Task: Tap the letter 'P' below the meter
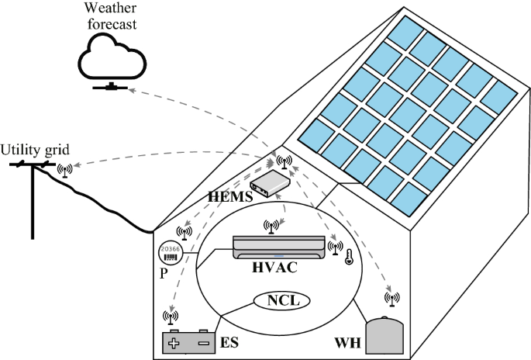click(x=162, y=273)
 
